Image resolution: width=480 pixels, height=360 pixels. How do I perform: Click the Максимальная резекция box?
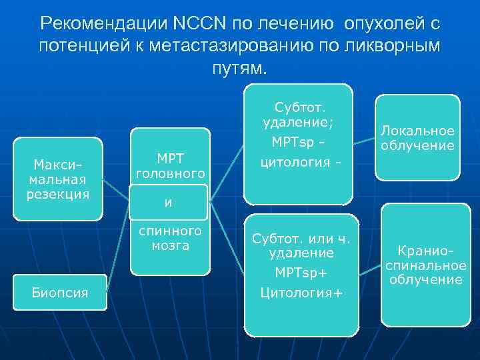click(x=58, y=179)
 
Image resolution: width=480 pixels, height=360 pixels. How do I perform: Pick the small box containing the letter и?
click(x=169, y=201)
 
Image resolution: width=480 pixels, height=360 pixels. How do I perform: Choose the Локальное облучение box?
click(x=417, y=137)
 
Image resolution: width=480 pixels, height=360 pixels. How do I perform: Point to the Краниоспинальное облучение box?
click(x=425, y=265)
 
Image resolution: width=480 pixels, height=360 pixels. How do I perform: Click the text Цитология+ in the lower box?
click(x=301, y=292)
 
